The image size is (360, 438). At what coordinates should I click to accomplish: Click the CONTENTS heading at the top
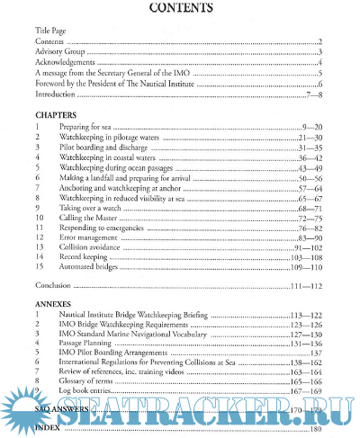180,10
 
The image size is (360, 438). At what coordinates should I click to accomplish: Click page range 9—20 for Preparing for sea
311,130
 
